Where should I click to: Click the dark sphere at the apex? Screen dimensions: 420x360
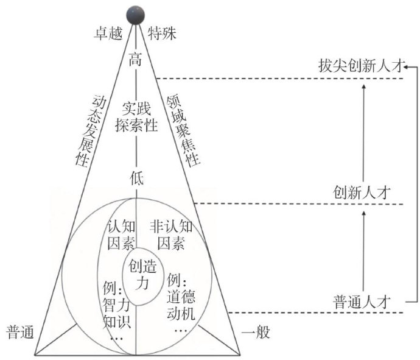pos(135,12)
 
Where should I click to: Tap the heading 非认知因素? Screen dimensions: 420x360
pos(171,236)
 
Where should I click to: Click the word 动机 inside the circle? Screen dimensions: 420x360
pos(181,313)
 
